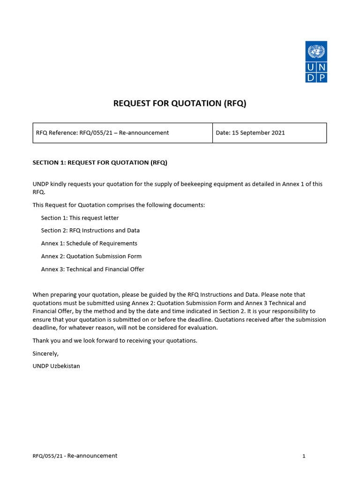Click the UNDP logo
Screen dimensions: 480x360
(316, 62)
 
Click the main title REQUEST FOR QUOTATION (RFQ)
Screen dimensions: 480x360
(180, 104)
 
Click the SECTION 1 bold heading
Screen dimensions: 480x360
(100, 163)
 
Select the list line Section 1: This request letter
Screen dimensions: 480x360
(80, 218)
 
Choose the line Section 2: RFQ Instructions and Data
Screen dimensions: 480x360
(90, 231)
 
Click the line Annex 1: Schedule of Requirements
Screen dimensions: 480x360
(89, 243)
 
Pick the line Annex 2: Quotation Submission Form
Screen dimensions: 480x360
(91, 256)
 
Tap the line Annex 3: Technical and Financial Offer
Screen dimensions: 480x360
(92, 269)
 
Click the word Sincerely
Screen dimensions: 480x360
(45, 353)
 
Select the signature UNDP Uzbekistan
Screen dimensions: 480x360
(56, 366)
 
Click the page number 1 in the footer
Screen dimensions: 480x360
(304, 456)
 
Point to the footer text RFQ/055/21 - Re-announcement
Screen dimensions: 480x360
(75, 456)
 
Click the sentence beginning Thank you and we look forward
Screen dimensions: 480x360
(115, 341)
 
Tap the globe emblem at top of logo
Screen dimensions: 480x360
(316, 51)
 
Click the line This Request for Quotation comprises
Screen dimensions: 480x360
(119, 205)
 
